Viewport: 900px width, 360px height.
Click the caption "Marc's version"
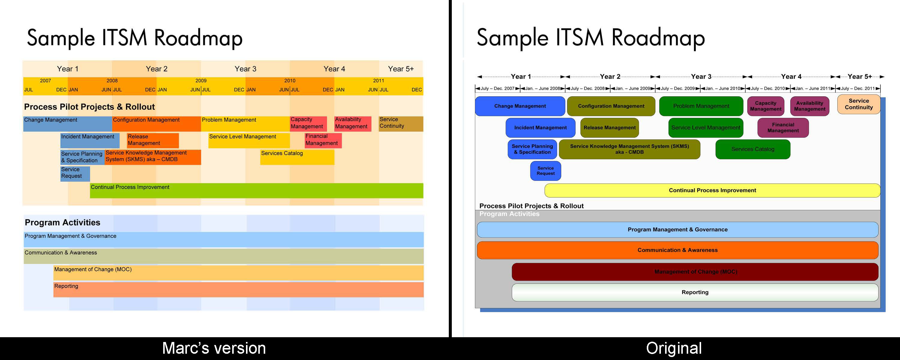click(x=214, y=348)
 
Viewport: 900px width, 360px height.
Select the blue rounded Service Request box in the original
click(x=545, y=171)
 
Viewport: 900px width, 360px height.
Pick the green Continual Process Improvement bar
click(x=256, y=191)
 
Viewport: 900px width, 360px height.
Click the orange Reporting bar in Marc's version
click(x=238, y=290)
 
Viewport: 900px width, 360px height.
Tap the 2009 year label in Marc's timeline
click(x=201, y=81)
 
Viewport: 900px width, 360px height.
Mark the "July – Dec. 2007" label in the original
click(x=497, y=88)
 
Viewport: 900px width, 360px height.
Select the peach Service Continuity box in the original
click(x=858, y=104)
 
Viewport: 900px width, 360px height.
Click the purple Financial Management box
click(x=783, y=127)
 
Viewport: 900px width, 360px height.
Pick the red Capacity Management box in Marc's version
click(x=308, y=123)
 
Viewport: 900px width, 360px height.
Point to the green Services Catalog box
click(x=753, y=149)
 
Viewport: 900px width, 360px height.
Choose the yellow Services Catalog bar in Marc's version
click(x=297, y=157)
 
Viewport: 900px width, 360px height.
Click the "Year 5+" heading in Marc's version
click(x=401, y=69)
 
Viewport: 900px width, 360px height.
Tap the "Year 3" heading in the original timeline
click(x=701, y=76)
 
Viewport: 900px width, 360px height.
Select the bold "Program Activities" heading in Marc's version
click(x=62, y=223)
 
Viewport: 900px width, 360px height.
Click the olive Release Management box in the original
click(x=609, y=127)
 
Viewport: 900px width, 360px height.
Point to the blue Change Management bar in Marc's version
click(x=67, y=124)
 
